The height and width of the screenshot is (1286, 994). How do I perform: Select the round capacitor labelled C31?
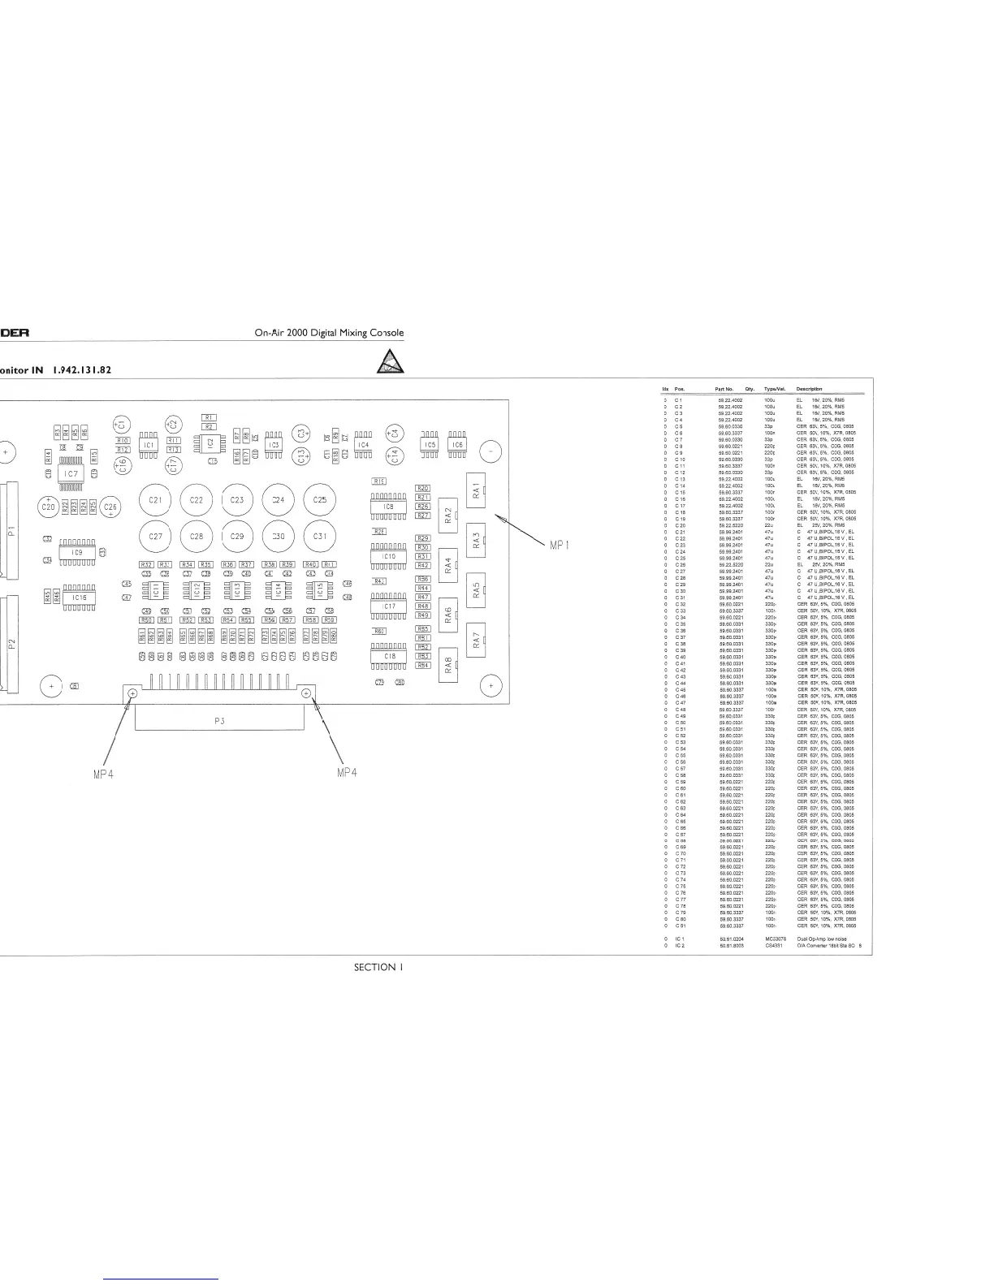tap(320, 536)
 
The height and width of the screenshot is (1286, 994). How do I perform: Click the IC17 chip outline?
tap(389, 606)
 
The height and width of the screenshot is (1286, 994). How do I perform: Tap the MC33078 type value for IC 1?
tap(776, 939)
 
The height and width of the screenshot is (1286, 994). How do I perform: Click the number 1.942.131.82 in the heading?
tap(81, 370)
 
